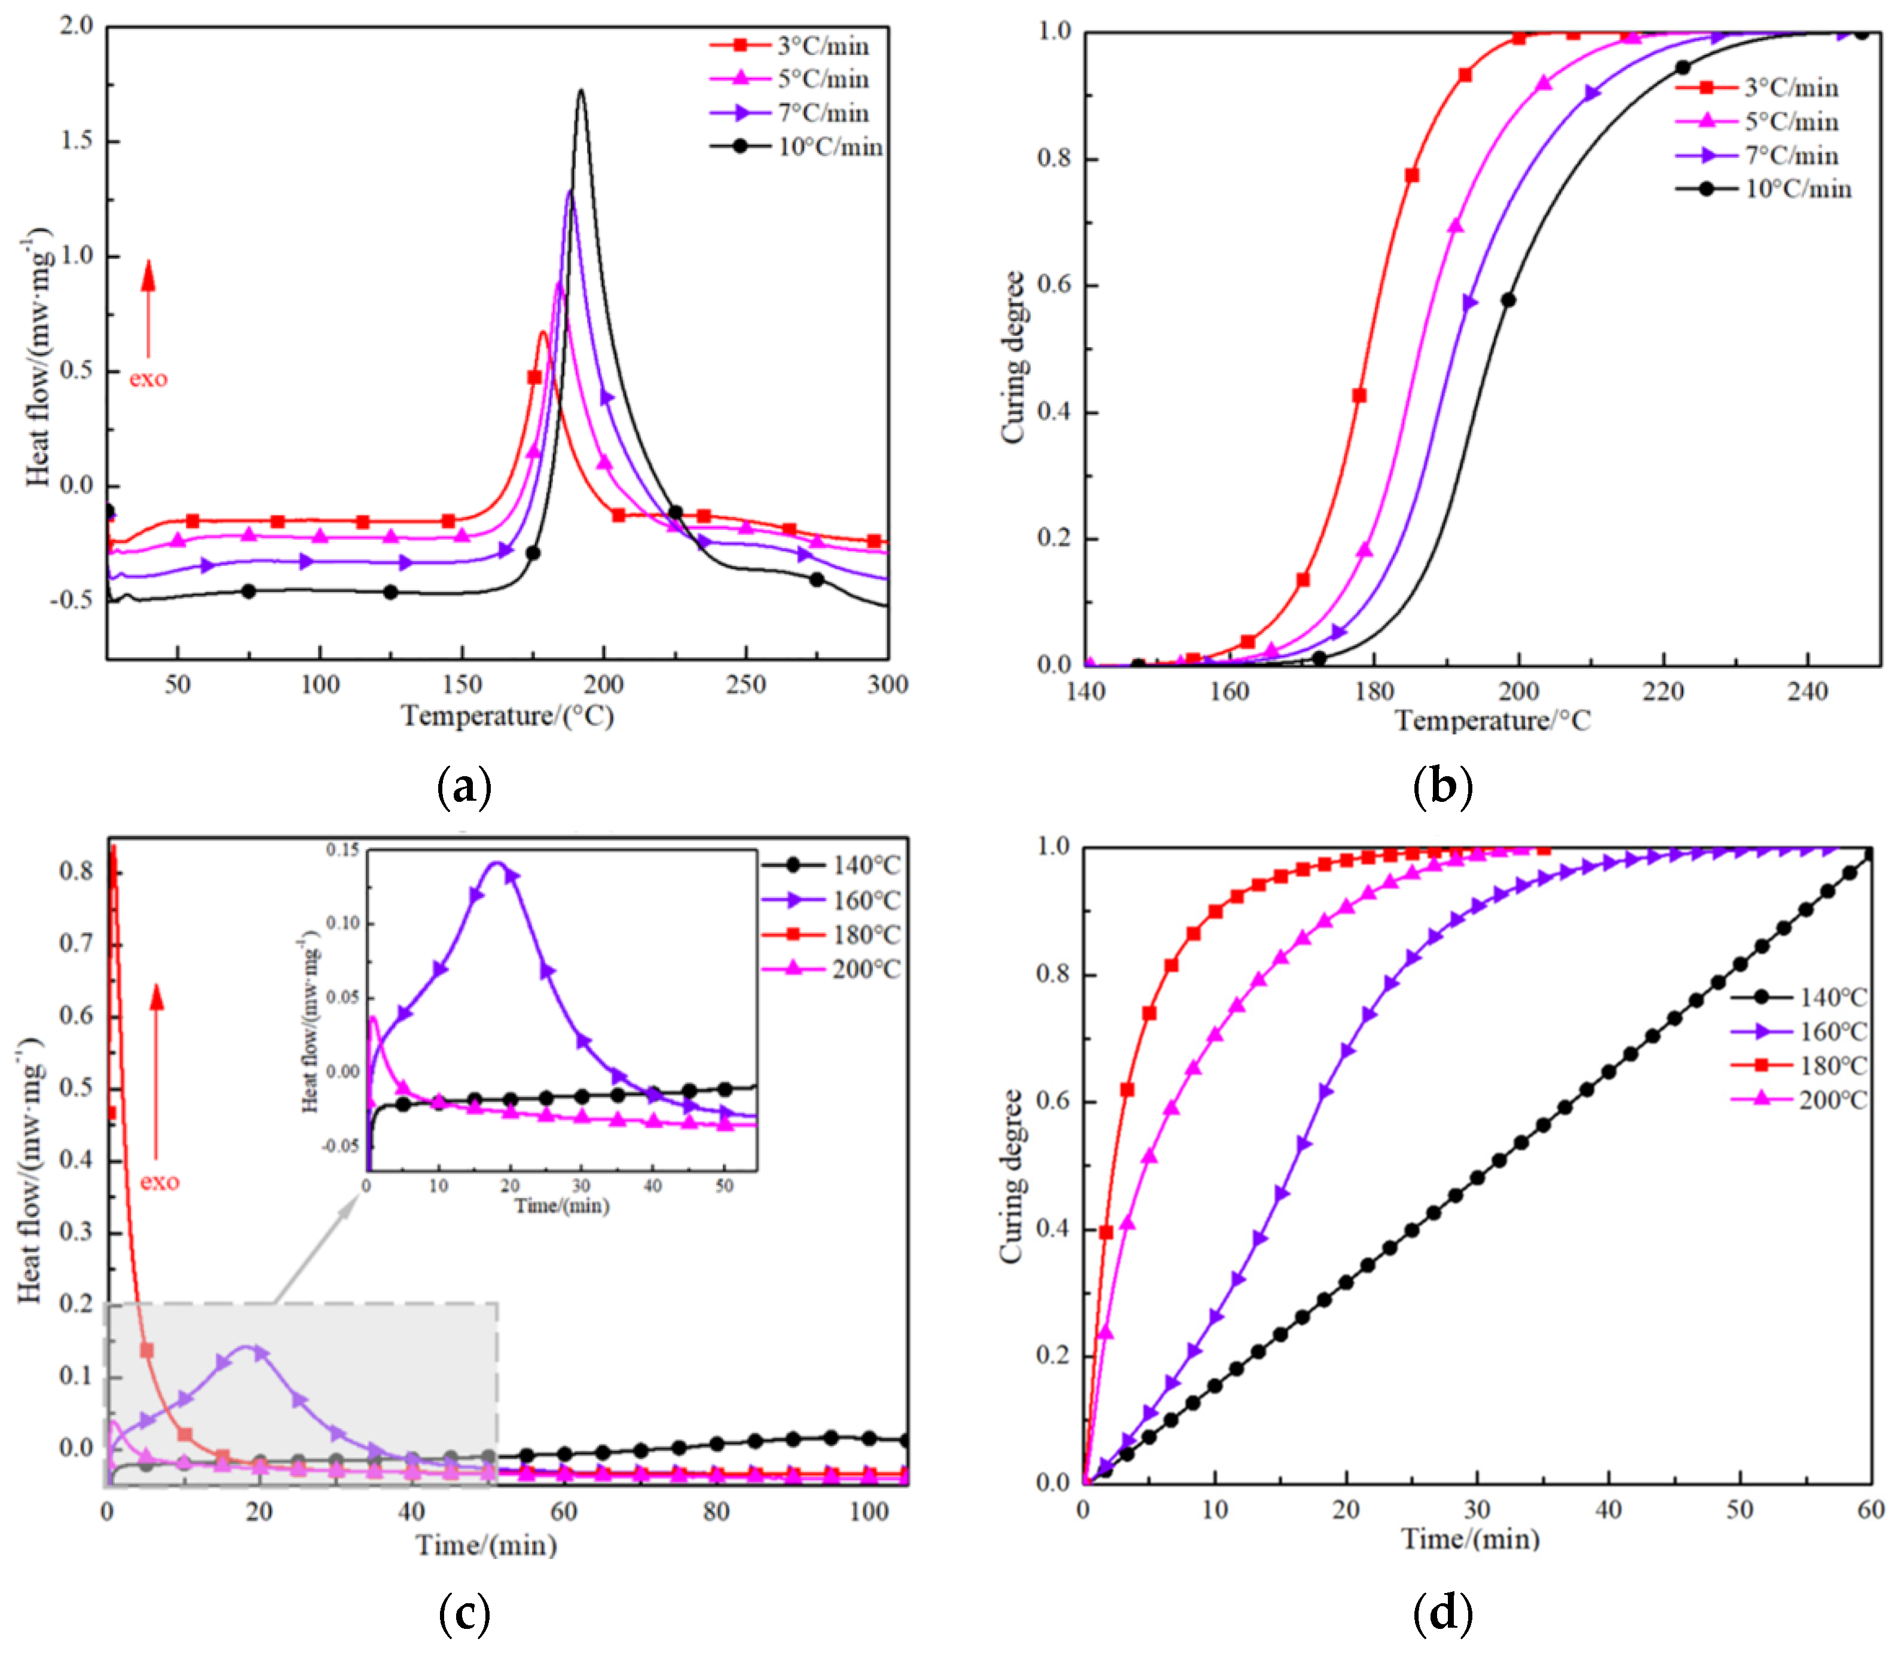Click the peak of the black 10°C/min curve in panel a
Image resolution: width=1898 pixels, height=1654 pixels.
click(580, 90)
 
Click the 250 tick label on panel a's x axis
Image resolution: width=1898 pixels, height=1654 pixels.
click(746, 685)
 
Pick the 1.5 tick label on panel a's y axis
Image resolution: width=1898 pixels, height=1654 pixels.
click(76, 140)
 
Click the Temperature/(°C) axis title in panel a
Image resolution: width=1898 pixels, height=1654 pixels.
click(508, 716)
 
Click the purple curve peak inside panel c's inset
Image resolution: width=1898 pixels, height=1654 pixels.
click(497, 863)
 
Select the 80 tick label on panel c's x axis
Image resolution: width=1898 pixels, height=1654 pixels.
click(716, 1512)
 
